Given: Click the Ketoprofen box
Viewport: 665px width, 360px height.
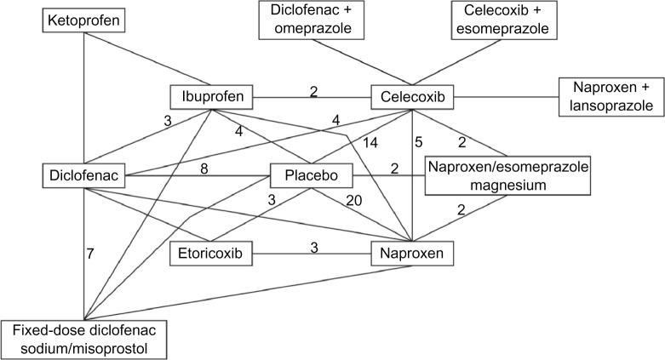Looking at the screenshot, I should [83, 18].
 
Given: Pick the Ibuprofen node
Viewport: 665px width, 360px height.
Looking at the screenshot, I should [209, 96].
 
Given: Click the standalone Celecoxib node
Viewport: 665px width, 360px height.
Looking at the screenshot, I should [412, 96].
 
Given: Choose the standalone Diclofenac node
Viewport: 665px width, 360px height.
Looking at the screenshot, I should [83, 177].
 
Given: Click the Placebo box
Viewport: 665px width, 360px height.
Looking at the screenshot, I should [312, 177].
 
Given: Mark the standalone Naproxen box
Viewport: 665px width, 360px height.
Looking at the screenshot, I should [412, 253].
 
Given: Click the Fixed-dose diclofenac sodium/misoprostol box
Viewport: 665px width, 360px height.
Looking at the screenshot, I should [83, 339].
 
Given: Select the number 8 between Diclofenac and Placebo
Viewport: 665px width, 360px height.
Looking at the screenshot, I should [204, 169].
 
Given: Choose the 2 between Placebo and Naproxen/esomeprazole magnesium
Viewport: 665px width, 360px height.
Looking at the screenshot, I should [394, 169].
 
